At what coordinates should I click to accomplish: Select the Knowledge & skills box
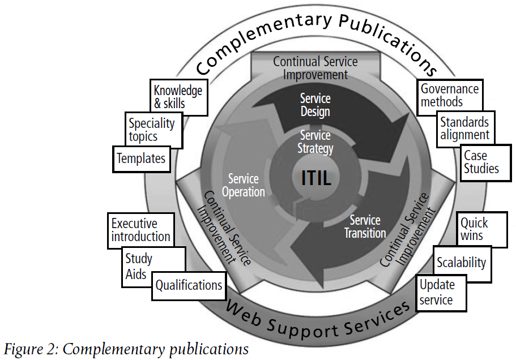click(177, 97)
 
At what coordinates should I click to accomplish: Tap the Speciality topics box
click(152, 130)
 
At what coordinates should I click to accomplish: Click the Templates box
click(141, 158)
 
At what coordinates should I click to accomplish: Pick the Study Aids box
click(139, 266)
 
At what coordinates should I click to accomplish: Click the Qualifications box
click(189, 285)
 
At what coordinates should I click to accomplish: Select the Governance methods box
click(450, 95)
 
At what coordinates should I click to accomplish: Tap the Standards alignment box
click(464, 128)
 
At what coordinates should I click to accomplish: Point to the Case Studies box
click(481, 162)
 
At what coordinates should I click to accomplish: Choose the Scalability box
click(461, 263)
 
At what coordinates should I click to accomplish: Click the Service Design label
click(315, 105)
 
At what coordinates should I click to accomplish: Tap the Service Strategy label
click(315, 142)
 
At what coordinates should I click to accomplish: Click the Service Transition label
click(365, 226)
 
